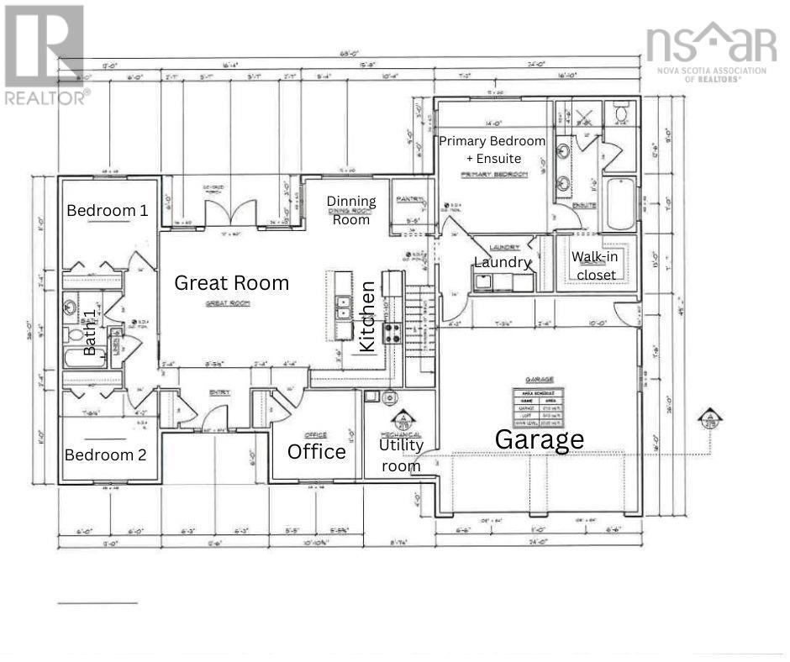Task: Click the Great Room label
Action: click(x=231, y=283)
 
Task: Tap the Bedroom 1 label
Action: click(x=108, y=210)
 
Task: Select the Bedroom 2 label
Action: click(x=106, y=454)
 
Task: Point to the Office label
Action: click(x=317, y=452)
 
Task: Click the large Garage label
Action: click(x=539, y=439)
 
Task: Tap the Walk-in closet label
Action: click(x=594, y=265)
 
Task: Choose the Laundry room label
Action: click(x=503, y=262)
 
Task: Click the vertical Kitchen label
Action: click(x=366, y=317)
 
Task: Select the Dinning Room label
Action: click(x=351, y=210)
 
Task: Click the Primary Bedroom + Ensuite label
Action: click(x=492, y=149)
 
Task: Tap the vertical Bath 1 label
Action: click(x=90, y=332)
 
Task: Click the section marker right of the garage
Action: click(x=711, y=418)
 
